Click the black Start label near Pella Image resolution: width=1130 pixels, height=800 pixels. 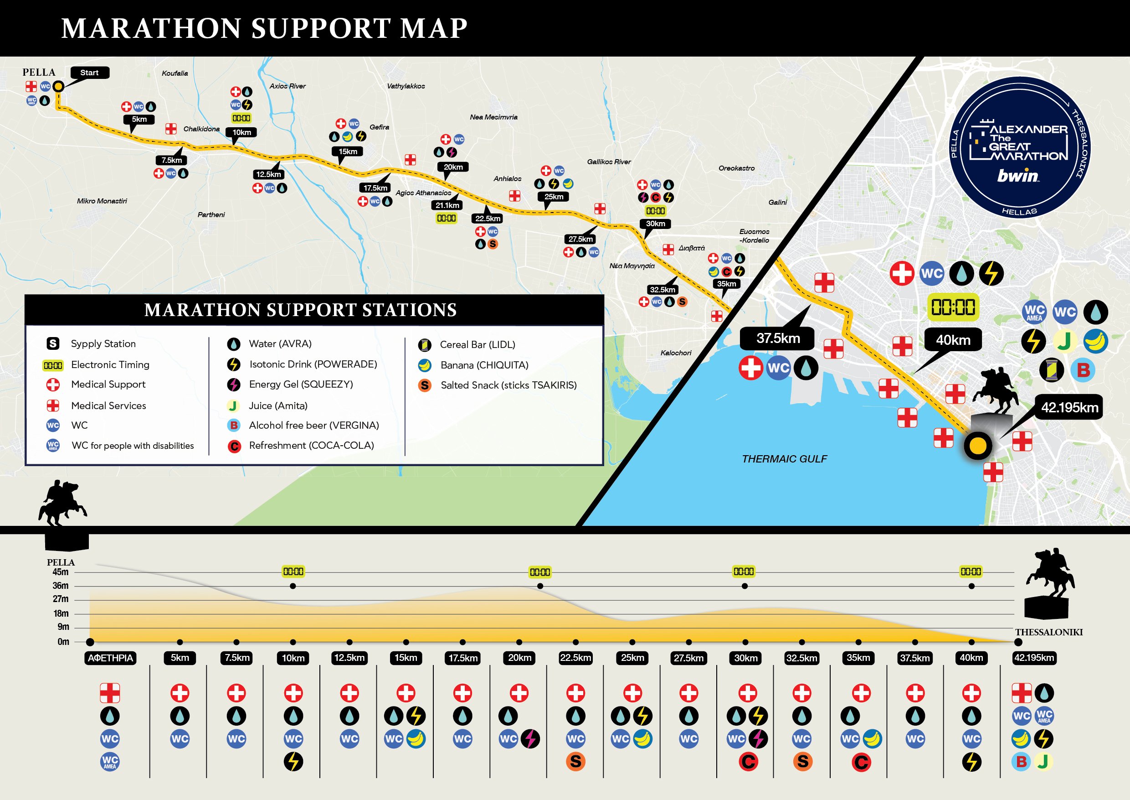click(x=90, y=73)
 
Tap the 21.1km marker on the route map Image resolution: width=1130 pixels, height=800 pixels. click(x=447, y=205)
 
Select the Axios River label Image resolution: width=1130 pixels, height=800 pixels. click(x=288, y=86)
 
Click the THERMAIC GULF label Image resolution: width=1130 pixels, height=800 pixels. click(x=784, y=459)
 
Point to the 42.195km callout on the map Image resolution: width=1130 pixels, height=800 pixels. click(x=1069, y=407)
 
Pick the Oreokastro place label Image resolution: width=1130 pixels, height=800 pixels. click(x=736, y=168)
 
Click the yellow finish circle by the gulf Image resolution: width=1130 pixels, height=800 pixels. click(x=977, y=445)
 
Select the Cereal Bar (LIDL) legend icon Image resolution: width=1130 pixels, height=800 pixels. click(x=424, y=345)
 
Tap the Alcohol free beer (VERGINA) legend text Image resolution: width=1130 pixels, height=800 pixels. click(x=313, y=425)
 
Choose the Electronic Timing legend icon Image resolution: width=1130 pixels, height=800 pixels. click(x=53, y=365)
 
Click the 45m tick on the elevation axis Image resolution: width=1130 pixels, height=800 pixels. click(x=61, y=572)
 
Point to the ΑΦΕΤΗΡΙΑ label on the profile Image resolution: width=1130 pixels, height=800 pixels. click(x=110, y=658)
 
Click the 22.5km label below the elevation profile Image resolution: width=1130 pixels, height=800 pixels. click(x=575, y=658)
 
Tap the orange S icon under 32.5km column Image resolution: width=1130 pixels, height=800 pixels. click(x=802, y=762)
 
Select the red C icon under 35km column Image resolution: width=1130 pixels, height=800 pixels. click(x=861, y=762)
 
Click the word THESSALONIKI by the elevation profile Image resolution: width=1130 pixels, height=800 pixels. click(x=1048, y=632)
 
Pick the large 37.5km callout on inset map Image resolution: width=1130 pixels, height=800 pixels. click(x=778, y=338)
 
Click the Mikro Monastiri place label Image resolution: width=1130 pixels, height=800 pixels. click(x=102, y=201)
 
